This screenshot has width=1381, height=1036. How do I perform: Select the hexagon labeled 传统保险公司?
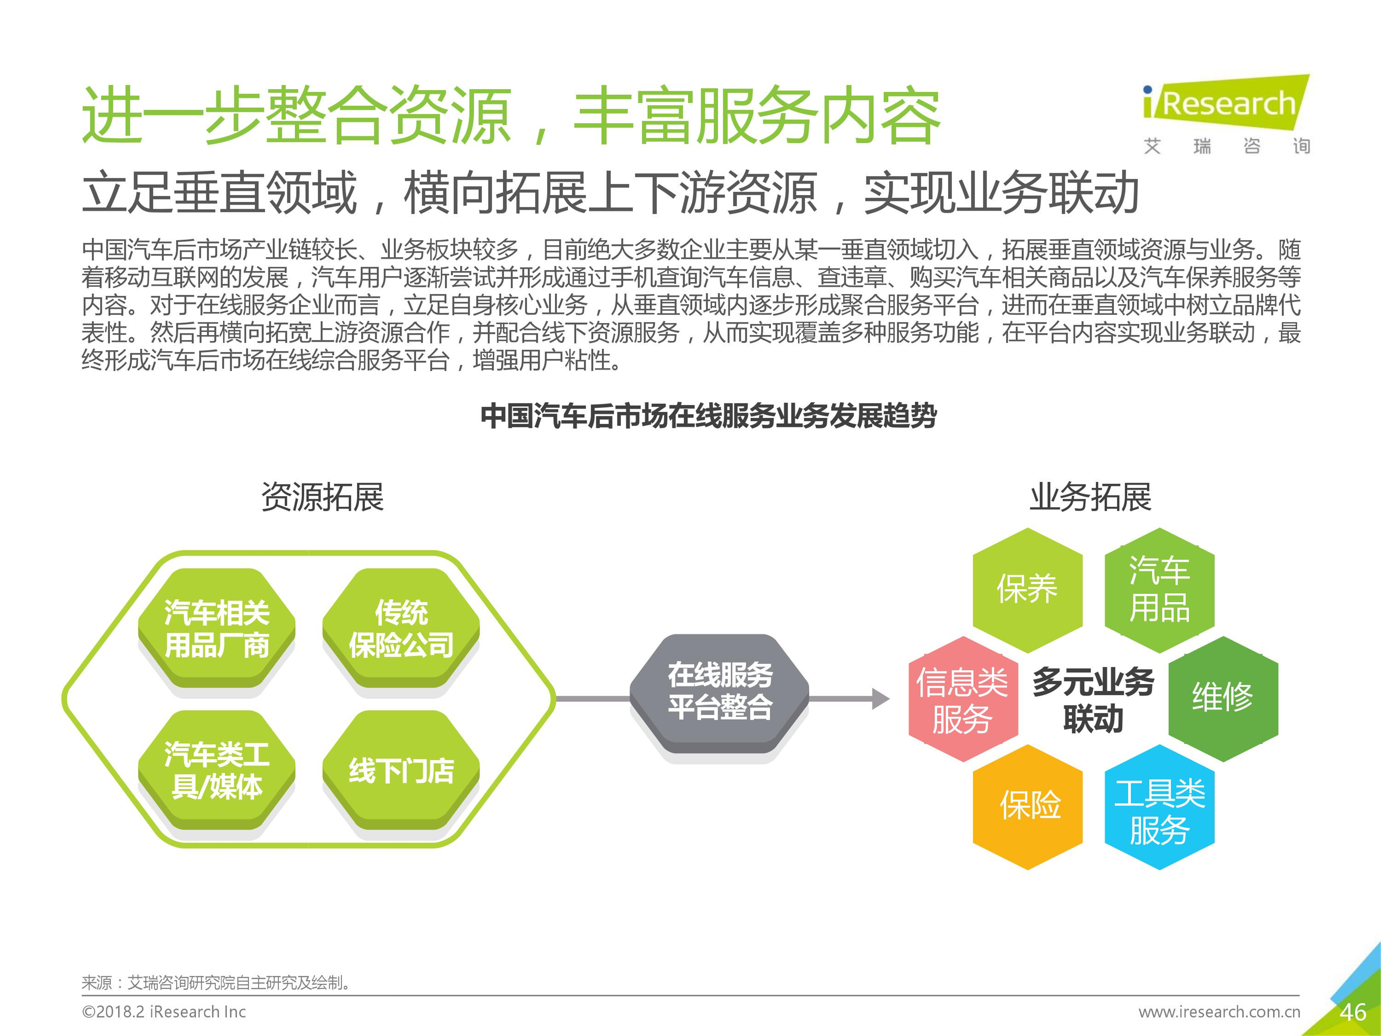click(401, 628)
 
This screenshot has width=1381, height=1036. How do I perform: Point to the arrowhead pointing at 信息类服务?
click(881, 699)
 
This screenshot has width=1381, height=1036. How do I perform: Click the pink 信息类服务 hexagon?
click(963, 699)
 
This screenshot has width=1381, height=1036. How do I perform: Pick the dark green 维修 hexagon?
click(1223, 699)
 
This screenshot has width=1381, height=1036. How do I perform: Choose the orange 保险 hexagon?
click(1028, 807)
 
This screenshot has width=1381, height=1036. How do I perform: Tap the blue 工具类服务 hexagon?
click(1159, 807)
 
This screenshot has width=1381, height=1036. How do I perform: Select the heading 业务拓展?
click(1090, 497)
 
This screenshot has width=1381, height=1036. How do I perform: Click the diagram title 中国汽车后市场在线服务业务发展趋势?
click(709, 416)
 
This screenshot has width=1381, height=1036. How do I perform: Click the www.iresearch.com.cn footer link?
click(1219, 1012)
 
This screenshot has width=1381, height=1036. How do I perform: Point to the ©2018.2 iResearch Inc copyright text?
click(164, 1012)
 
